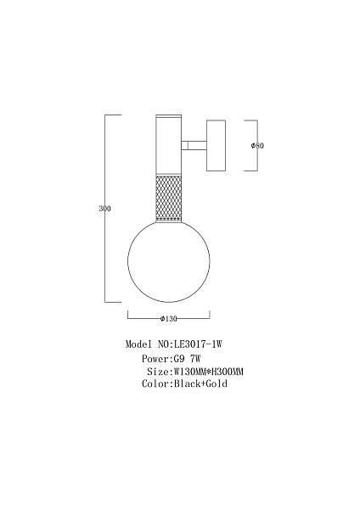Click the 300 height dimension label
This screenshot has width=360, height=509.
pyautogui.click(x=104, y=209)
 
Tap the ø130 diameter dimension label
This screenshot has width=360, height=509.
pyautogui.click(x=169, y=319)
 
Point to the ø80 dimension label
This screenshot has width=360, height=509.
pyautogui.click(x=257, y=145)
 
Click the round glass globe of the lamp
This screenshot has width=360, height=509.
pyautogui.click(x=169, y=261)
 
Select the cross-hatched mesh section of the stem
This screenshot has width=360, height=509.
pyautogui.click(x=169, y=199)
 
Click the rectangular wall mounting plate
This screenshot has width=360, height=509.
pyautogui.click(x=216, y=145)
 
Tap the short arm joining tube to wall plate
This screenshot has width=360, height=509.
pyautogui.click(x=194, y=145)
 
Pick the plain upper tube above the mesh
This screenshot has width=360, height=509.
pyautogui.click(x=169, y=148)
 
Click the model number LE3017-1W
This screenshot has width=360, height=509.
pyautogui.click(x=198, y=344)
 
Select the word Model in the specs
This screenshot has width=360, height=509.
pyautogui.click(x=138, y=344)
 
